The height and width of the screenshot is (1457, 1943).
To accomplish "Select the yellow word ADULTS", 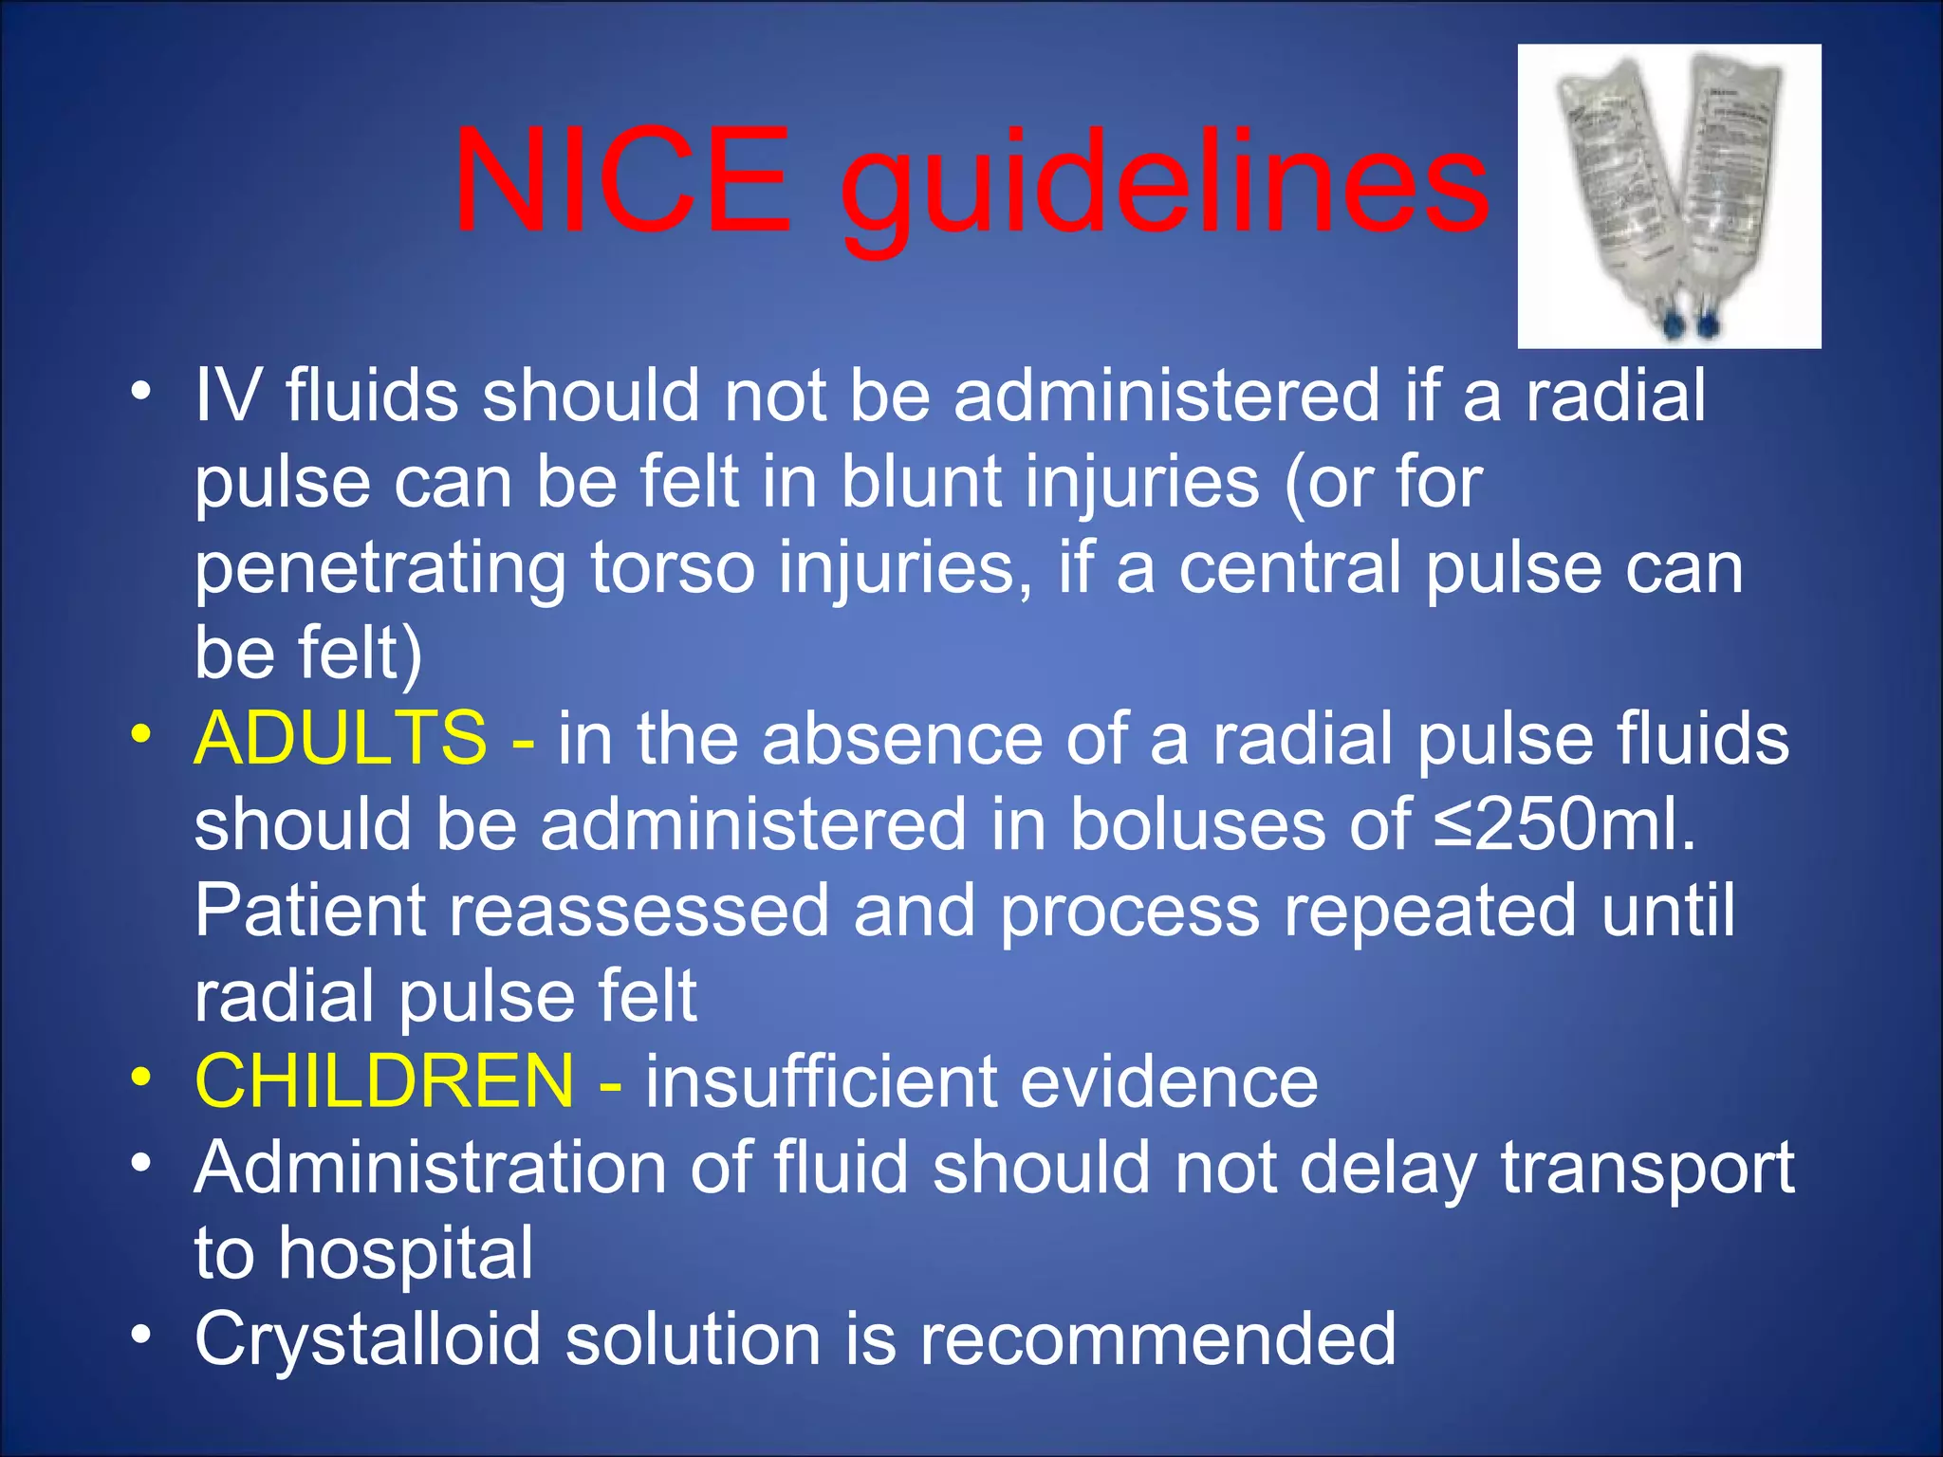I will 341,738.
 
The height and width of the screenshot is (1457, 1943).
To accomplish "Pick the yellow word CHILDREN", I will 384,1081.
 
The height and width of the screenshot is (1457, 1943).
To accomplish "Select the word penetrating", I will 380,569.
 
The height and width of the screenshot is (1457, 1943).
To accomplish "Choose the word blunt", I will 921,482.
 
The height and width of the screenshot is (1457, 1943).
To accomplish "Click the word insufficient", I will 821,1081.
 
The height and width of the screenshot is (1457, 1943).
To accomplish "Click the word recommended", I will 1157,1339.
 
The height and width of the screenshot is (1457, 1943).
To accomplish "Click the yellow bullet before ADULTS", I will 141,733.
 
